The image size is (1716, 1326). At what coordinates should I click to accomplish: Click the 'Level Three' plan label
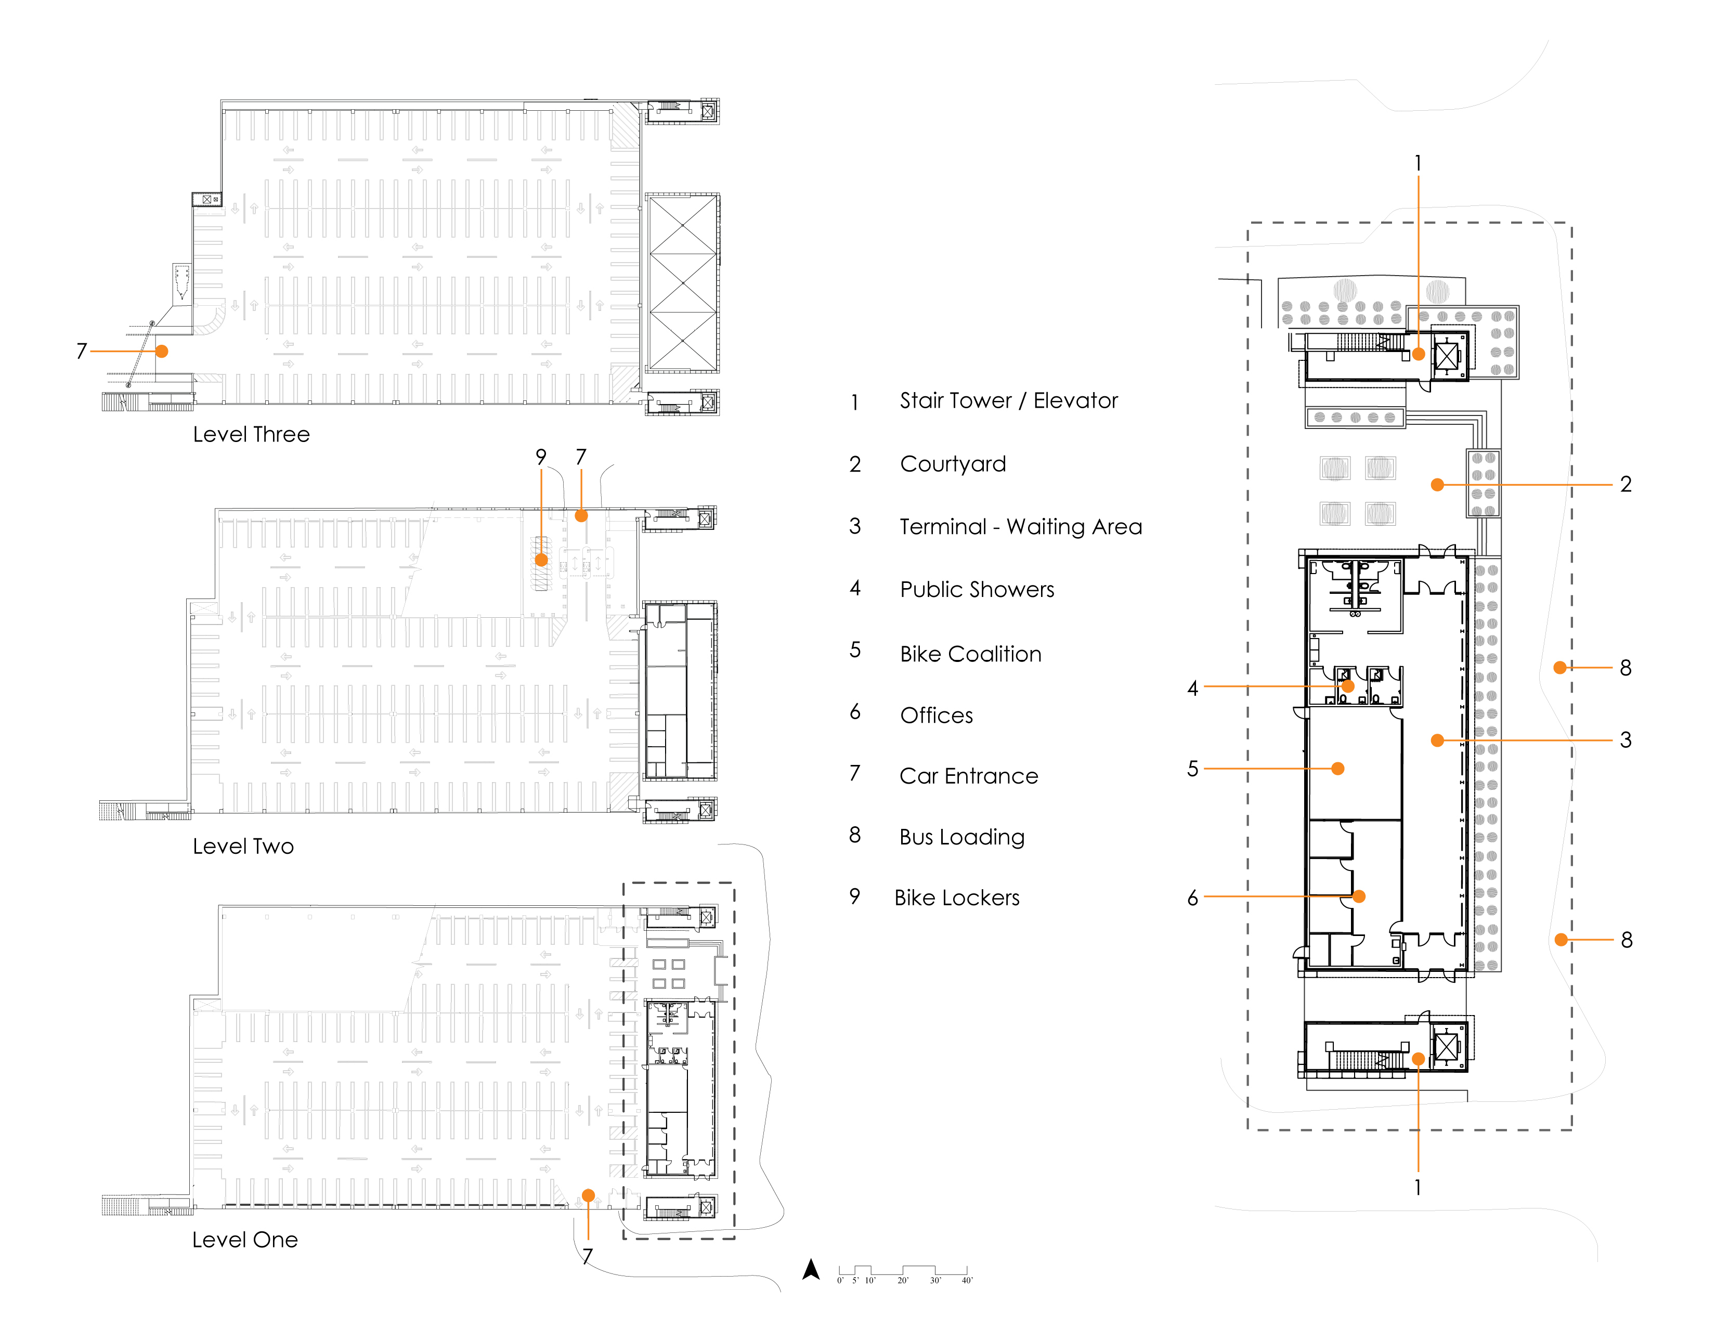[x=252, y=434]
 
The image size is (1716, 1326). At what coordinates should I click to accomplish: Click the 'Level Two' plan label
[x=243, y=846]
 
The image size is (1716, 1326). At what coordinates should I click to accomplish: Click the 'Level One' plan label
[x=244, y=1240]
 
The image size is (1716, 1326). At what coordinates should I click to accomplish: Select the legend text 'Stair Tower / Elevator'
[x=1008, y=400]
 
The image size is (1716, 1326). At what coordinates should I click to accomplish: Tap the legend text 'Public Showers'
[x=977, y=589]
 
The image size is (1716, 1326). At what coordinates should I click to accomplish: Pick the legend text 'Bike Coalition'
[x=970, y=654]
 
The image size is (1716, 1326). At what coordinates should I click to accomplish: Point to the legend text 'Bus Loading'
[x=961, y=837]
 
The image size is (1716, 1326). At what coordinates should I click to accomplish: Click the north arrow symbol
[x=811, y=1269]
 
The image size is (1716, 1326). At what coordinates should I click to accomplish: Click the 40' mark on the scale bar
[x=967, y=1280]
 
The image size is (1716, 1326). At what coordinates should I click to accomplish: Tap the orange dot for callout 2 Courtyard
[x=1437, y=485]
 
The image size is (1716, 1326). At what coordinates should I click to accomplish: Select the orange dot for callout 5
[x=1338, y=768]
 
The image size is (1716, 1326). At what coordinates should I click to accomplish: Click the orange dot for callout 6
[x=1358, y=896]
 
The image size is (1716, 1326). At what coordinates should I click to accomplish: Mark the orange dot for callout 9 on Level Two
[x=541, y=560]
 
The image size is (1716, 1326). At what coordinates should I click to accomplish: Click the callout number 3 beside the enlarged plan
[x=1626, y=740]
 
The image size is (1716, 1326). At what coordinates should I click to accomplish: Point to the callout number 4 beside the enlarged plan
[x=1193, y=688]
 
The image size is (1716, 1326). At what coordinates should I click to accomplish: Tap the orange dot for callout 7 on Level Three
[x=162, y=351]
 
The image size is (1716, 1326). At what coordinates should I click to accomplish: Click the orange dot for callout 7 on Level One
[x=588, y=1195]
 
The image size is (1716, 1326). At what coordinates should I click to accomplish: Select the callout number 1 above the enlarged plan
[x=1418, y=163]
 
